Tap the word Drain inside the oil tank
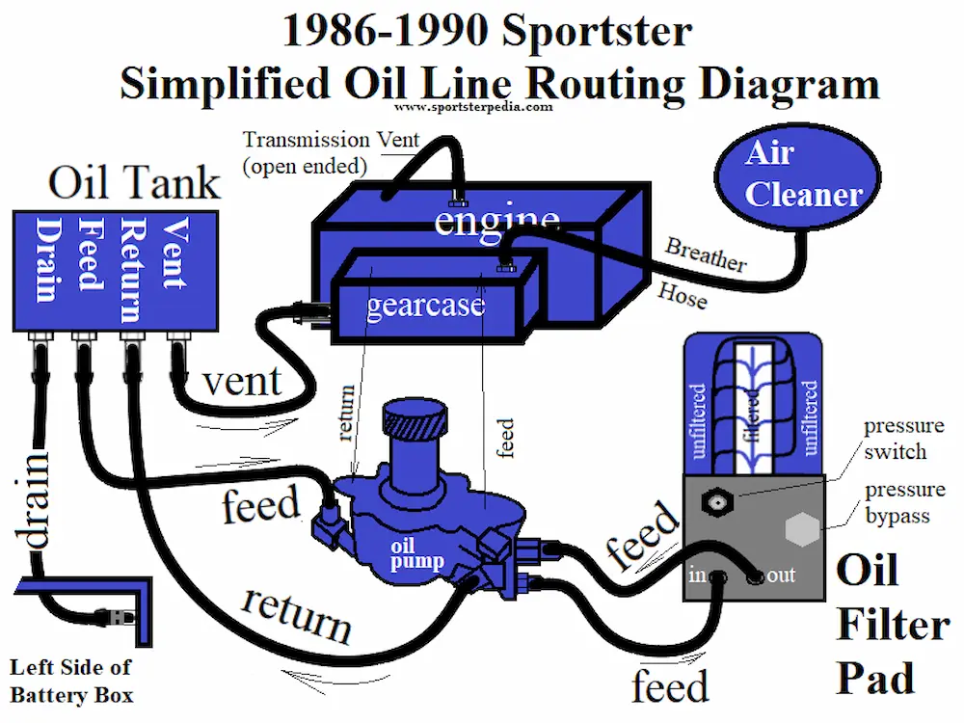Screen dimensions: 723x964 pos(44,259)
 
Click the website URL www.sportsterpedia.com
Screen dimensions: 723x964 pos(473,107)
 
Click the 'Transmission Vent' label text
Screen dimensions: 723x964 pos(331,141)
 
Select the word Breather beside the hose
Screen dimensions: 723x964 pos(706,254)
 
